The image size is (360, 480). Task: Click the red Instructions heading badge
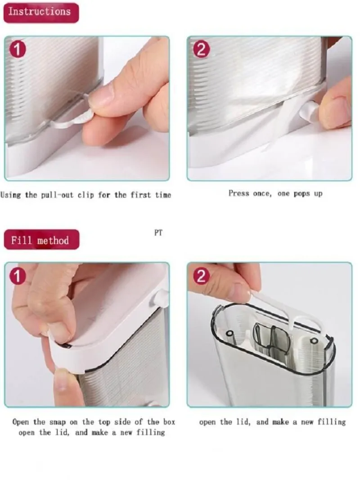tap(41, 13)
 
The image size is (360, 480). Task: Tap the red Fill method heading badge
tap(41, 240)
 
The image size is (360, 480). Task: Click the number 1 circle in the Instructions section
tap(18, 50)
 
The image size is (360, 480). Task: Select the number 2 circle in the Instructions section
tap(201, 49)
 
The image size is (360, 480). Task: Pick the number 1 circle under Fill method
tap(18, 276)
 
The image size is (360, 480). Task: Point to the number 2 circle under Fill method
tap(201, 276)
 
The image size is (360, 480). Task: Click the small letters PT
tap(158, 233)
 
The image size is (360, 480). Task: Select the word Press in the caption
tap(238, 194)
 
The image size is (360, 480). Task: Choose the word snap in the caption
tap(58, 422)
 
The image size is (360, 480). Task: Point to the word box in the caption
tap(169, 422)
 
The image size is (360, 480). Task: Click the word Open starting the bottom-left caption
tap(21, 422)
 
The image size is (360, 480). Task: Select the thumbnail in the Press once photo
tap(336, 111)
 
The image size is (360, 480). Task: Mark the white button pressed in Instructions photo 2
tap(308, 111)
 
